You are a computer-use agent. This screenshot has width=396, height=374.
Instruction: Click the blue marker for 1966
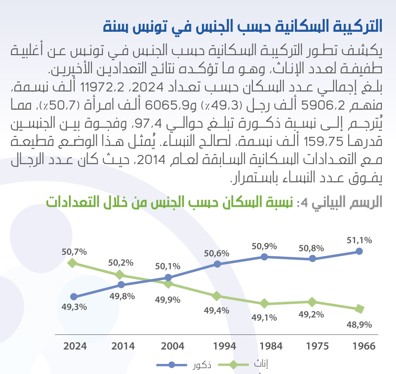point(359,251)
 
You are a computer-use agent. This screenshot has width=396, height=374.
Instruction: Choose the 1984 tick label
point(265,346)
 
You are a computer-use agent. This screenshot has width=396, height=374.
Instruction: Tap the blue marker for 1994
point(217,264)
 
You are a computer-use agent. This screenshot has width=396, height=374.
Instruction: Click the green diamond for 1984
point(264,303)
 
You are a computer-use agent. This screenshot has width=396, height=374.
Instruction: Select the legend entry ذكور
point(202,365)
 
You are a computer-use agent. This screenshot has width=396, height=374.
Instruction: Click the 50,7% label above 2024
point(74,252)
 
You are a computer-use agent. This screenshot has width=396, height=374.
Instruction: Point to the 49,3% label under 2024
point(74,307)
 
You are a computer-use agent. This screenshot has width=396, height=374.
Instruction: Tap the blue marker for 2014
point(121,285)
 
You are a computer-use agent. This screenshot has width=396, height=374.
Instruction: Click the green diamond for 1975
point(312,302)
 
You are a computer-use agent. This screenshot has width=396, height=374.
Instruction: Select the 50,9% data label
point(264,246)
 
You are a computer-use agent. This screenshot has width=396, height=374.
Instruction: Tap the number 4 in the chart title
point(304,203)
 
